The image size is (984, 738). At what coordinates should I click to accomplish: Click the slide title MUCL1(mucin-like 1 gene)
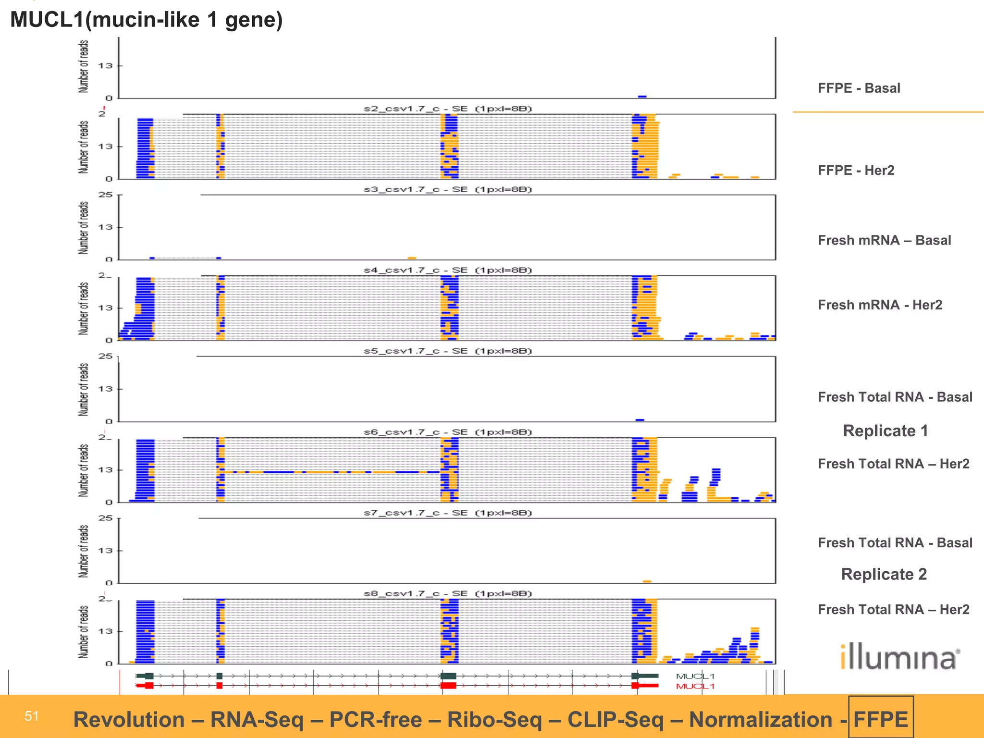pos(147,20)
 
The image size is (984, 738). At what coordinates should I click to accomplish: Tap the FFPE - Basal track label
pos(859,88)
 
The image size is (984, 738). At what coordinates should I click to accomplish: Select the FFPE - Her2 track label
pos(856,171)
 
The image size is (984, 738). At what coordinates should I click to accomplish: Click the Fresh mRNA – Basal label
pos(884,240)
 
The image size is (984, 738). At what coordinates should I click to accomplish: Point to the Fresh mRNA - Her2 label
pos(880,305)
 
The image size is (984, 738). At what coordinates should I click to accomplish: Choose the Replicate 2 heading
pos(884,575)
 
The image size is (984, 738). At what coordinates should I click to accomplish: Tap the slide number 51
pos(32,716)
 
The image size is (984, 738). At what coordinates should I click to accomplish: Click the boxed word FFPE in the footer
pos(881,720)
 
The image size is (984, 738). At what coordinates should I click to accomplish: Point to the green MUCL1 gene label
pos(695,676)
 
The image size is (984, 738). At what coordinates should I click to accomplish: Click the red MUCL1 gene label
pos(695,686)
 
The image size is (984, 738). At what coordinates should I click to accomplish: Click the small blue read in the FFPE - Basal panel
pos(642,97)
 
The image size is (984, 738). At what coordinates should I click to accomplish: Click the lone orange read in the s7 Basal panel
pos(647,581)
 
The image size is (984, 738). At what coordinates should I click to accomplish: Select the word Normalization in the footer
pos(761,720)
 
